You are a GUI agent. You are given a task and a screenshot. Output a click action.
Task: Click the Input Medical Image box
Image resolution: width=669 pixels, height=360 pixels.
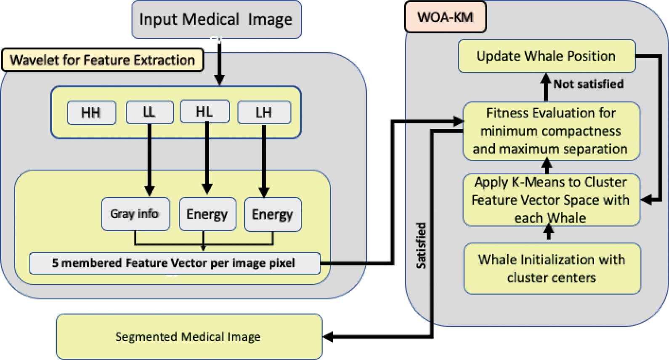[216, 20]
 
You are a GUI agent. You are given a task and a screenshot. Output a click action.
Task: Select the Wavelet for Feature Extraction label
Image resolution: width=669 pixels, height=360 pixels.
[102, 60]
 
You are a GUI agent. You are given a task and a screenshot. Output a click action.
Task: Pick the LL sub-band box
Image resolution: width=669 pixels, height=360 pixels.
[149, 112]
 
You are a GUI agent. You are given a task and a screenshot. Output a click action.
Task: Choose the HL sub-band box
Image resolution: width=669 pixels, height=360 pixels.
[204, 112]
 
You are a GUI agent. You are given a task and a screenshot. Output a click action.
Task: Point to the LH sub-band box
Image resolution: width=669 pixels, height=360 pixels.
[264, 112]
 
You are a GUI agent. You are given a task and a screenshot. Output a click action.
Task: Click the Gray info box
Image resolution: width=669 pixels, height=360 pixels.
[135, 214]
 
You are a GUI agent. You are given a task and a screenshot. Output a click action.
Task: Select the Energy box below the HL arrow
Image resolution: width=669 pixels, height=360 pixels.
[207, 214]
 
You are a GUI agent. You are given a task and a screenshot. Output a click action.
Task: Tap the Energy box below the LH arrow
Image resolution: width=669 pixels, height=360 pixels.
[272, 214]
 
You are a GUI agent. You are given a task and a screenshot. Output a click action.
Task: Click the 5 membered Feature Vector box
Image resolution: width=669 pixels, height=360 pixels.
[174, 263]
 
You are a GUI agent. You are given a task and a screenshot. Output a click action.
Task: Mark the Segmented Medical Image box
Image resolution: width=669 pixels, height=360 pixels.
[188, 337]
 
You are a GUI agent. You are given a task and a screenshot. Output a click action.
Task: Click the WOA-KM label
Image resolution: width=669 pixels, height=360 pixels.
[445, 17]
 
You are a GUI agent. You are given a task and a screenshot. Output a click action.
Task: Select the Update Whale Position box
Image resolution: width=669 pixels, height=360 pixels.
[546, 56]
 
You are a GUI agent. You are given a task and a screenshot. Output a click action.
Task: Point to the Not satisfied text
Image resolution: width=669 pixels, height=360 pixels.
[588, 84]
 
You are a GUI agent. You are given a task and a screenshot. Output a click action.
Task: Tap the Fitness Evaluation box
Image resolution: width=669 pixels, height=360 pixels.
[551, 131]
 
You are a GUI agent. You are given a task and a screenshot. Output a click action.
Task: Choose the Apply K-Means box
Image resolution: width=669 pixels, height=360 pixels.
[551, 200]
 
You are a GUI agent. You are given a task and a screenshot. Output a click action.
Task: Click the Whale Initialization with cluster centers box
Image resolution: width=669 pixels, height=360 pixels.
[552, 269]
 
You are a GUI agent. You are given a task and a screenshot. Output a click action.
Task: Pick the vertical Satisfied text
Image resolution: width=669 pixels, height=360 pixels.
[421, 245]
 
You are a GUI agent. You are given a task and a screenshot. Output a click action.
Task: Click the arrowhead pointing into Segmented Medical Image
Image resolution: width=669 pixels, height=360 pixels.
[328, 337]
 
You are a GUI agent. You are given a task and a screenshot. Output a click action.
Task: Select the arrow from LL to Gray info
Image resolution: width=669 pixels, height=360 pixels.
[149, 160]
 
